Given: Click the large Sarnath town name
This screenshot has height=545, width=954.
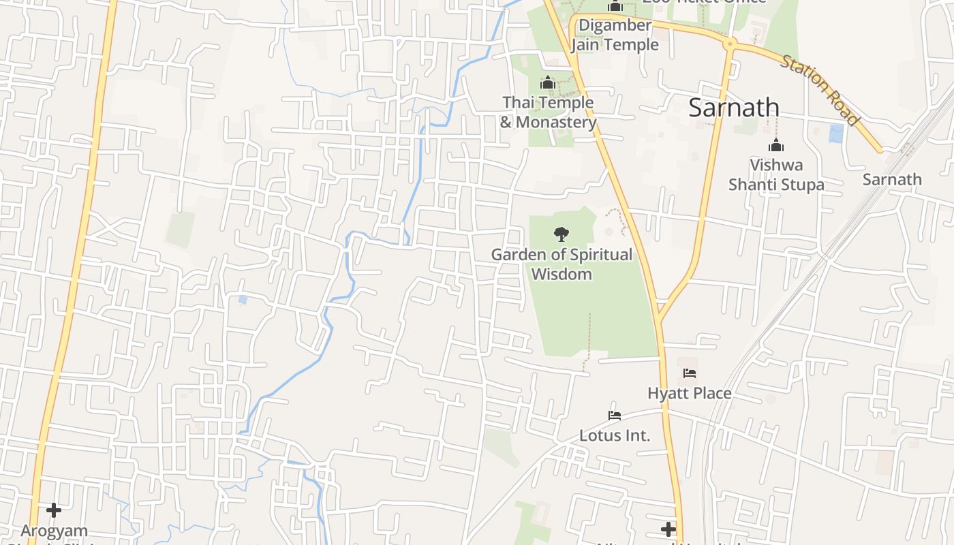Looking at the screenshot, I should pyautogui.click(x=734, y=108).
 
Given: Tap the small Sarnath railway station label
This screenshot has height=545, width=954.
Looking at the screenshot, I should pyautogui.click(x=891, y=179).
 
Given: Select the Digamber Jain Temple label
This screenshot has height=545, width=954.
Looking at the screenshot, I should pyautogui.click(x=615, y=35).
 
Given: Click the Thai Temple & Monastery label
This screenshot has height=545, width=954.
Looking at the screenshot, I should pyautogui.click(x=548, y=112).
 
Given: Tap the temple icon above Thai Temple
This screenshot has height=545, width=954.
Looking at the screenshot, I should pyautogui.click(x=548, y=83).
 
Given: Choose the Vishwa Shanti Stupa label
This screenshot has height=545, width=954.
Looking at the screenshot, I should pyautogui.click(x=776, y=174).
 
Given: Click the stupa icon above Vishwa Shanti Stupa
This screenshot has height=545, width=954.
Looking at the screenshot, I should pyautogui.click(x=776, y=145).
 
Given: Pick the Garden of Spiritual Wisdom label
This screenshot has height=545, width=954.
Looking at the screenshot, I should pyautogui.click(x=561, y=264).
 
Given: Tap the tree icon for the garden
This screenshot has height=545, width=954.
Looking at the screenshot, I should pyautogui.click(x=561, y=234).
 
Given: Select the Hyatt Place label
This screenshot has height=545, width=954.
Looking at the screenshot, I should pyautogui.click(x=689, y=393).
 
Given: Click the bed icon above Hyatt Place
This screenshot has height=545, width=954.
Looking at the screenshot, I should pyautogui.click(x=689, y=373).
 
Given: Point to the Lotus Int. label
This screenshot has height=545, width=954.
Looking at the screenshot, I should pyautogui.click(x=615, y=435).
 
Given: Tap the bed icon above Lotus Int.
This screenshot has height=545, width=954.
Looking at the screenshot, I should pyautogui.click(x=615, y=415).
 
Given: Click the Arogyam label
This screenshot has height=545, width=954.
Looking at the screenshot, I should pyautogui.click(x=54, y=531).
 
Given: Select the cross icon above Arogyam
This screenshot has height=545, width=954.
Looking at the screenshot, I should pyautogui.click(x=54, y=510).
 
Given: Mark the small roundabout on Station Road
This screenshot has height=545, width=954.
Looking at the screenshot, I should pyautogui.click(x=730, y=44).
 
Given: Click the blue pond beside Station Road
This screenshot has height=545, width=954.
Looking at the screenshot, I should pyautogui.click(x=835, y=133).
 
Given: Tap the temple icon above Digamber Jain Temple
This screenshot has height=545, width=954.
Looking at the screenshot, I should pyautogui.click(x=615, y=6).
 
